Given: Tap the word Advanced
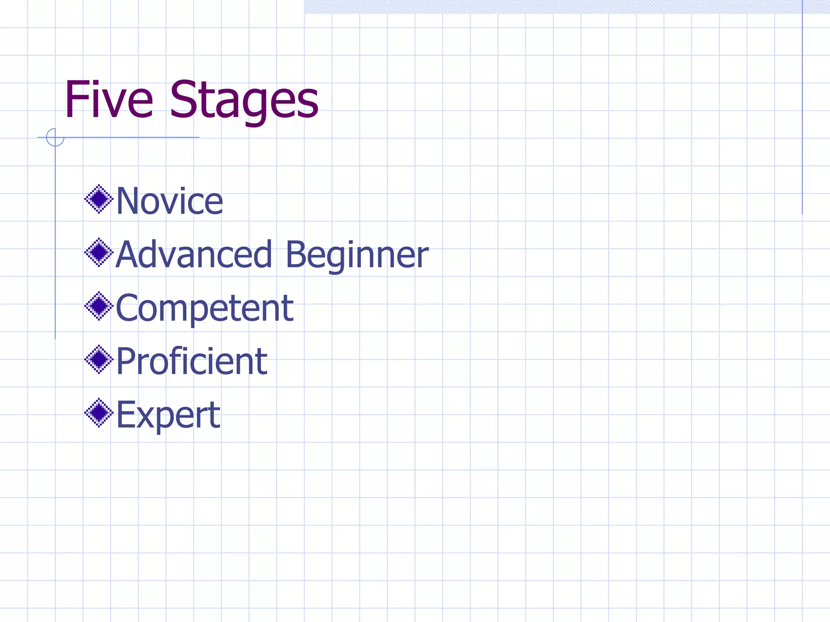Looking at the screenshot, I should (194, 254).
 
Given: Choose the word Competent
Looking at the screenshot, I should (205, 308).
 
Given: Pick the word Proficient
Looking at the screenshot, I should (192, 361).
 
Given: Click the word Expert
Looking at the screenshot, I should (168, 415).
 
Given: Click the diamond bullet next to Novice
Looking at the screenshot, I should (98, 199).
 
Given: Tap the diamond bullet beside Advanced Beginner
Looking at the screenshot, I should (98, 252).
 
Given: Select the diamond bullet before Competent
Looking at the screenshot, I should (98, 306).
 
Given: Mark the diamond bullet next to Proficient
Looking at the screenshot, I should (98, 359).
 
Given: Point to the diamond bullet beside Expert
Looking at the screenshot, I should (98, 413).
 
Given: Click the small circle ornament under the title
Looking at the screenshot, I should (55, 137).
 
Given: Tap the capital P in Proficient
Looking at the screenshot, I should (126, 361).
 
